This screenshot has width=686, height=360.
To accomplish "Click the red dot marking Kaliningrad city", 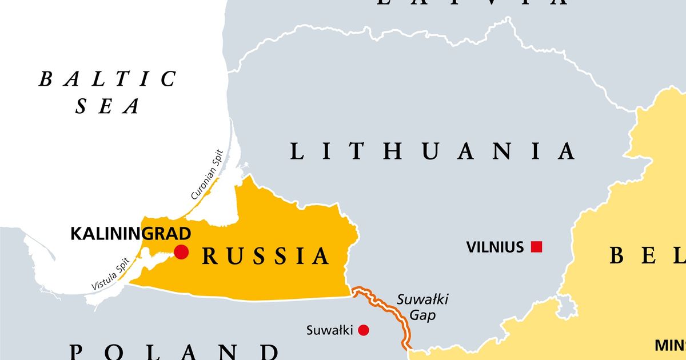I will click(181, 251).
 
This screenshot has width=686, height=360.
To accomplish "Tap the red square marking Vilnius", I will click(536, 247).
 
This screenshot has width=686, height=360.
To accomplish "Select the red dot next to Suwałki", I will click(364, 330).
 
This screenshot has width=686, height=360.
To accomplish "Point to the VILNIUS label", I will click(494, 247).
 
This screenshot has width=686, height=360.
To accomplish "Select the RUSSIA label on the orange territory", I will click(266, 257).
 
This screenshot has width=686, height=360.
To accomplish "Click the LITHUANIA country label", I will click(432, 151).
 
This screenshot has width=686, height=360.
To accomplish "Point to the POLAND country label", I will click(174, 351).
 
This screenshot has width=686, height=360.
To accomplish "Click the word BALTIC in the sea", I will click(108, 79).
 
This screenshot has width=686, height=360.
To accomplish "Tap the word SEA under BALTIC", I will click(108, 106).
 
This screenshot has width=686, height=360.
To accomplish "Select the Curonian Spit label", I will click(209, 179).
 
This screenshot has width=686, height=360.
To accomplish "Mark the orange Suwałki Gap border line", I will click(394, 317).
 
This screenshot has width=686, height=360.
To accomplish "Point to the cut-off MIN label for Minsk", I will click(670, 345).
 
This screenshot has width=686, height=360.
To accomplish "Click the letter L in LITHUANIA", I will click(297, 151).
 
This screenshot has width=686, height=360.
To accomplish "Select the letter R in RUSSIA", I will click(210, 257).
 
